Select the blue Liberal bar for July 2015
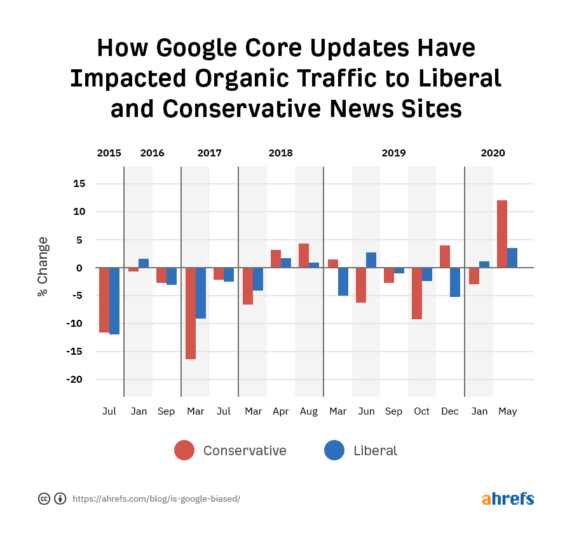tap(114, 301)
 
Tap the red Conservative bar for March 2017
tap(191, 313)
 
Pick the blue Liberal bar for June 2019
tap(371, 260)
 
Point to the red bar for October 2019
tap(417, 293)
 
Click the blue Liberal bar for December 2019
tap(455, 282)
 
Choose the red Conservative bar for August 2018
tap(304, 256)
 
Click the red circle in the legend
tap(184, 451)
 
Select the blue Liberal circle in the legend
tap(334, 451)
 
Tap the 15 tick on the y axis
tap(79, 184)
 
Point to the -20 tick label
tap(77, 380)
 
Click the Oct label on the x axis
tap(422, 411)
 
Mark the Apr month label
tap(281, 411)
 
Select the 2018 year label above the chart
tap(281, 153)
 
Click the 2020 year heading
tap(493, 153)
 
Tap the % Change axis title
tap(43, 267)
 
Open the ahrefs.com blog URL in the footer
tap(156, 499)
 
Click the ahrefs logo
tap(508, 498)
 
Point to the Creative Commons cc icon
tap(44, 498)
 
